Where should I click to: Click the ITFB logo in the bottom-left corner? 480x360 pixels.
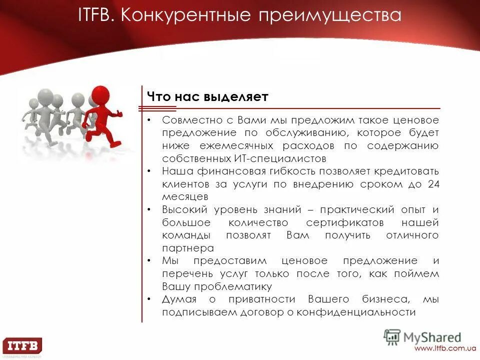pos(22,346)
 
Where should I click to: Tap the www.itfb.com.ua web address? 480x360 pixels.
pos(444,348)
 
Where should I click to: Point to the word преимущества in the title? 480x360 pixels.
pos(330,15)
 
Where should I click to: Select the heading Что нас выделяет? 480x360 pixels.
pos(207,97)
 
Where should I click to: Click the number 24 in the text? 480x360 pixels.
pos(433,184)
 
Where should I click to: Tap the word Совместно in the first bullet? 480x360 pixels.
pos(189,120)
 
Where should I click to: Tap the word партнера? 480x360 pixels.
pos(188,248)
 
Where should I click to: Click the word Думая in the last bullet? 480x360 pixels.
pos(179,299)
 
